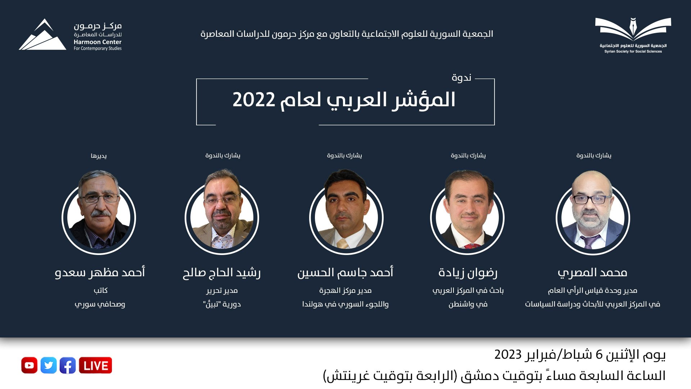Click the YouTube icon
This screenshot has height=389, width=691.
coord(29,365)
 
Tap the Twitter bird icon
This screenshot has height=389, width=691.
coord(49,365)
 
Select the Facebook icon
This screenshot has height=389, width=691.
coord(68,365)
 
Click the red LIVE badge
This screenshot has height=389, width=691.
coord(95,365)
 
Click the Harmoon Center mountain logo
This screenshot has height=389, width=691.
coord(42,35)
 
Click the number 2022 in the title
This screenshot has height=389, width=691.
coord(254,100)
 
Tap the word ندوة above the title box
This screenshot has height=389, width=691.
coord(461,77)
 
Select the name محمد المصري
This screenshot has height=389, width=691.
coord(592,273)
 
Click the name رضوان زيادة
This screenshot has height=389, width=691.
coord(468,273)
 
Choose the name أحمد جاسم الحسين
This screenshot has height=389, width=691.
coord(345,272)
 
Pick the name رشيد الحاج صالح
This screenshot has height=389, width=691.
coord(222,273)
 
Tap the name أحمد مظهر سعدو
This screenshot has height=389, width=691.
coord(100,272)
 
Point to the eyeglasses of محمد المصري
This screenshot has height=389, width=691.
coord(592,199)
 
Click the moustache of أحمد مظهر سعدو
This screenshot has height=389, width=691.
coord(101,213)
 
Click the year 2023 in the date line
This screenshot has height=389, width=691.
coord(508,354)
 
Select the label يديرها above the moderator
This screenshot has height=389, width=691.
coord(99,156)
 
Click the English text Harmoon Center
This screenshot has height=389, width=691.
coord(98,42)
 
